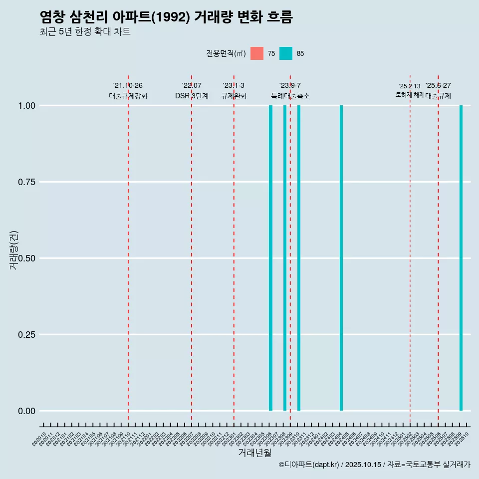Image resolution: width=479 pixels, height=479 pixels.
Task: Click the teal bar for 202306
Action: tap(270, 258)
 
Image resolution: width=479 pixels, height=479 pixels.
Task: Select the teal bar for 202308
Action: tap(285, 258)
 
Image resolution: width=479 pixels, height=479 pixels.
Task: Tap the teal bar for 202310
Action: tap(299, 258)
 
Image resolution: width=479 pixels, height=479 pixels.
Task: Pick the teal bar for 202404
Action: tap(341, 258)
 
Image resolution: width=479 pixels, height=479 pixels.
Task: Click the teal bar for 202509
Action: tap(461, 258)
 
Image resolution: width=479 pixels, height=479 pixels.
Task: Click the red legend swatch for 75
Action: tap(257, 53)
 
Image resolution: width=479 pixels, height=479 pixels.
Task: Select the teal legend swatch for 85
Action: tap(286, 53)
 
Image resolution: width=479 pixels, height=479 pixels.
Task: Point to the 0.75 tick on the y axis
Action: tap(25, 182)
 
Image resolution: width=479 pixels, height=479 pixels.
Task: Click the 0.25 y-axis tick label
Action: tap(25, 335)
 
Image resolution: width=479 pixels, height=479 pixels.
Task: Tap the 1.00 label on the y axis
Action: tap(25, 106)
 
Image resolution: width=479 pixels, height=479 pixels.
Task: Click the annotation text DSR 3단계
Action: tap(192, 96)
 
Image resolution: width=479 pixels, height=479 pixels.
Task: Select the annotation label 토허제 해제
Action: tap(410, 94)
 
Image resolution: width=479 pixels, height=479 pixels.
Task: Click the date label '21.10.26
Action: tap(128, 86)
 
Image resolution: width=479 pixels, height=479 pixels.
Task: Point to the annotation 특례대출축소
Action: tap(290, 96)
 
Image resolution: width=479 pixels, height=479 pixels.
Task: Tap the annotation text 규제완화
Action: tap(234, 96)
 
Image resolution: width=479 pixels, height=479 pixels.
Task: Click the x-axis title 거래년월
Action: tap(254, 453)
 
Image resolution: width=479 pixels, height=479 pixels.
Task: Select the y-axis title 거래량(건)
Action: tap(13, 250)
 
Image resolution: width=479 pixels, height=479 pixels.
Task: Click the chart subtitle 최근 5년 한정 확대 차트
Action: tap(85, 32)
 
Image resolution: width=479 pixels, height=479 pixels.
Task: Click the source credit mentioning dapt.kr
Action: tap(374, 465)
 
